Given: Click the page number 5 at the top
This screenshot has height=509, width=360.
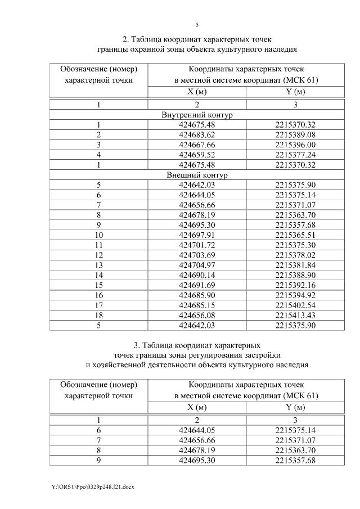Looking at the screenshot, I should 197,25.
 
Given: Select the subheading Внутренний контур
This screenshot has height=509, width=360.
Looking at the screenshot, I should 197,115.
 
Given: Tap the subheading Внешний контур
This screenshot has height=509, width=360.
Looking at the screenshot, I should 197,175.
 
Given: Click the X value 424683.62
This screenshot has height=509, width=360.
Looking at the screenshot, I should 197,135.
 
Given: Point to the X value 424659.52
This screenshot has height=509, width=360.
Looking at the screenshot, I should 197,155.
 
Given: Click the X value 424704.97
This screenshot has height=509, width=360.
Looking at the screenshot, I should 197,265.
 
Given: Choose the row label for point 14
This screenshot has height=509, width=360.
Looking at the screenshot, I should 98,275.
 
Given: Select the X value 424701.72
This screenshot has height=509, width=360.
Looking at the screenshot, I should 197,245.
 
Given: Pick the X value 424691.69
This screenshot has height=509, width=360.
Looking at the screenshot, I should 197,285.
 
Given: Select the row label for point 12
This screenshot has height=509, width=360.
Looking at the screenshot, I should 98,255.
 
